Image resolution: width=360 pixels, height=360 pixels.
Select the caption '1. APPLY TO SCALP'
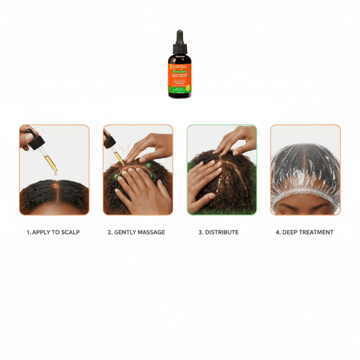coord(54,232)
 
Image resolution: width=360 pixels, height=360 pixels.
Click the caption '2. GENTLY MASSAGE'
coord(137,232)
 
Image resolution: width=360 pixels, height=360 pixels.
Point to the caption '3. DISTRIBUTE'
coord(221,232)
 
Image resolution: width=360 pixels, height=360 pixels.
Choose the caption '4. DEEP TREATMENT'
coord(305,232)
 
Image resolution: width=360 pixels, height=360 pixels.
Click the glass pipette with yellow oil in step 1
coord(49,160)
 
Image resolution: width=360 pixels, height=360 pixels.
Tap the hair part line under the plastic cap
coord(305,165)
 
